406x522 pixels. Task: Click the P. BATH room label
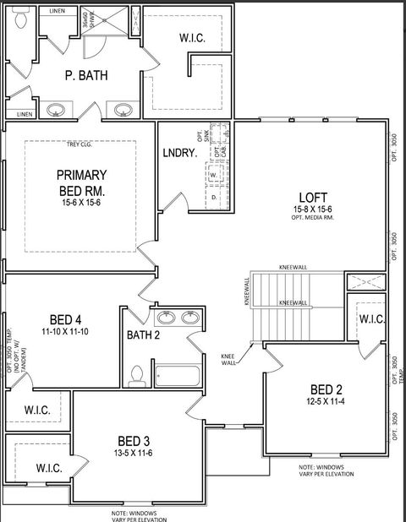coord(86,75)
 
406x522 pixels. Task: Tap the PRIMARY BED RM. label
coord(81,182)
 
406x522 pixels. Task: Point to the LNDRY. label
coord(179,153)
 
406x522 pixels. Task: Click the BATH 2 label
coord(144,335)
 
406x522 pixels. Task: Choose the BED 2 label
coord(326,389)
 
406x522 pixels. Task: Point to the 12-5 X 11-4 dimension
coord(326,402)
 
